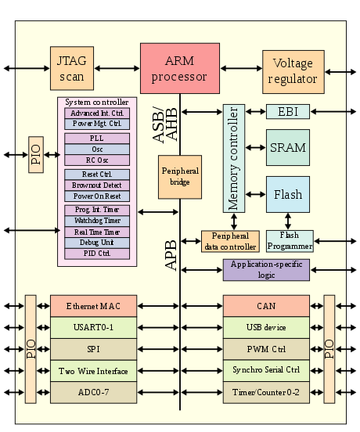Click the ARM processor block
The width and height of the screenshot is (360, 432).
[179, 68]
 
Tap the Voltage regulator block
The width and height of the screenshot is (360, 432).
[293, 72]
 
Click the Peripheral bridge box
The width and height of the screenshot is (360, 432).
[179, 176]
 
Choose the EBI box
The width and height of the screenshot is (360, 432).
[287, 111]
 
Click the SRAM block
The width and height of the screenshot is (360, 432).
[287, 147]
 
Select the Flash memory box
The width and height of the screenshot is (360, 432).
[287, 194]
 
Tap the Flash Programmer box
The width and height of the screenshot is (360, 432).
[290, 241]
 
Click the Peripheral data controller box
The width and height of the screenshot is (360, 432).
[230, 241]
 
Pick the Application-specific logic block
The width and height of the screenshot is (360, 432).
[266, 270]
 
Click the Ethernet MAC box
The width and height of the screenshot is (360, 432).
[94, 306]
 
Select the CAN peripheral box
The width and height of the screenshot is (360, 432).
[266, 306]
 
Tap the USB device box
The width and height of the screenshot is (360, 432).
[266, 327]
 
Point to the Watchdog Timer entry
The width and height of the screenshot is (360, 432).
[96, 221]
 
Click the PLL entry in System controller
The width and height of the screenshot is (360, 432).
[96, 139]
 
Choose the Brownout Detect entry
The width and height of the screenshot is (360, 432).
[96, 185]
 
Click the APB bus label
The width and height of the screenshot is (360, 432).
[171, 255]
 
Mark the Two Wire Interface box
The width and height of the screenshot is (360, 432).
[94, 371]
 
